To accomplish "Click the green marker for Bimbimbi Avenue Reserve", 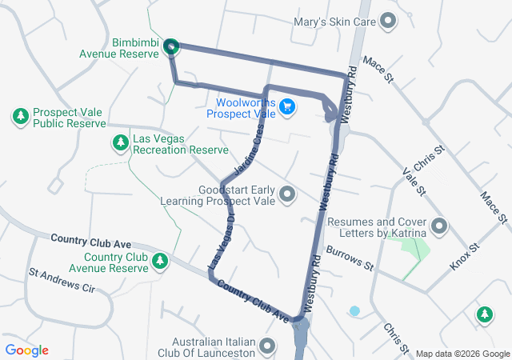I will coord(170,48).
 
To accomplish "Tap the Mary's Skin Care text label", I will coord(334,22).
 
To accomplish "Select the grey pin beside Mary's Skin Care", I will coord(389,22).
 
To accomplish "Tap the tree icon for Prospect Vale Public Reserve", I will coord(20,117).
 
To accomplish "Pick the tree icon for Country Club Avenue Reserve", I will coord(160,261).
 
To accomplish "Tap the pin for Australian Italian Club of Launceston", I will coord(267,346).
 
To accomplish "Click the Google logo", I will coord(27,350).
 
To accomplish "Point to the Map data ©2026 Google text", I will coord(462,354).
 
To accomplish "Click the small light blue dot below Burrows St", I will coord(354,310).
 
